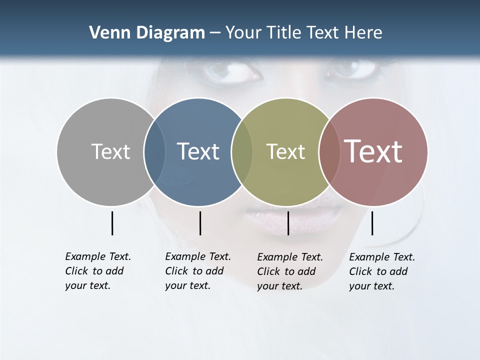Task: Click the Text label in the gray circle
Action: coord(110,151)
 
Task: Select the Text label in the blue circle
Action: coord(198,151)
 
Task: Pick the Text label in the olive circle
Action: coord(285,151)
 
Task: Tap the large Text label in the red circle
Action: coord(373,151)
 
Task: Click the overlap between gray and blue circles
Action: coord(154,151)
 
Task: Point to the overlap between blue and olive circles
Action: coord(242,151)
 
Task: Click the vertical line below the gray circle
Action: coord(112,223)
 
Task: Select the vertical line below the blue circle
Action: coord(200,223)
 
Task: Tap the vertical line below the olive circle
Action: coord(288,223)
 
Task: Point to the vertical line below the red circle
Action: coord(372,223)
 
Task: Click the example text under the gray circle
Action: coord(97,271)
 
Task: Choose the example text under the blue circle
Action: coord(197,271)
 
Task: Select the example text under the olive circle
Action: coord(289,271)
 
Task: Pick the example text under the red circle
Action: coord(381,271)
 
